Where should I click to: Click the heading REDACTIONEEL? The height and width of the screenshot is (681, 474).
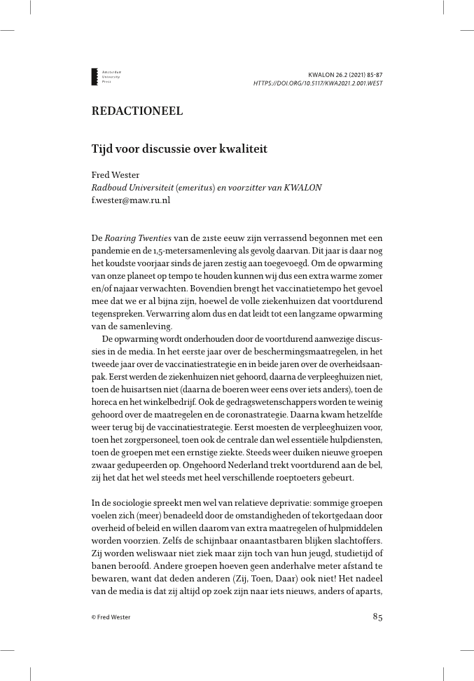click(137, 111)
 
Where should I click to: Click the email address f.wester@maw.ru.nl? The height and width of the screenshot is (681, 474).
click(130, 200)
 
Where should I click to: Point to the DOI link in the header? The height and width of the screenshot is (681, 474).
click(318, 83)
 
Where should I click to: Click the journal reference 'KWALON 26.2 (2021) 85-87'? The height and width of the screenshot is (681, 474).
click(345, 74)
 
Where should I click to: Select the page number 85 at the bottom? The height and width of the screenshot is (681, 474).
click(377, 617)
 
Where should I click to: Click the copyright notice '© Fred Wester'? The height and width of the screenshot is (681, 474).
click(111, 617)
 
